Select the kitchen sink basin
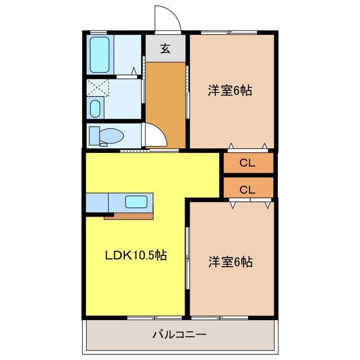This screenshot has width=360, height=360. pos(136,201)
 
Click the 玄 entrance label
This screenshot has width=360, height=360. pos(165,49)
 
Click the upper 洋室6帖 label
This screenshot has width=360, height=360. pos(229,90)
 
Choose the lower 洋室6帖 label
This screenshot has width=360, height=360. pos(229,262)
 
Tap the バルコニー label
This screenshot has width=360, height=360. pos(179,335)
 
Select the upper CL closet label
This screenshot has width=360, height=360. pos(247,163)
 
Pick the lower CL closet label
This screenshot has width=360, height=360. pos(247,190)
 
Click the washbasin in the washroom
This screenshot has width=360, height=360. pos(96,108)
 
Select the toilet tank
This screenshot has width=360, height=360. pos(93,136)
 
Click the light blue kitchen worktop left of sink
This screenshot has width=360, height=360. pos(97,201)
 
